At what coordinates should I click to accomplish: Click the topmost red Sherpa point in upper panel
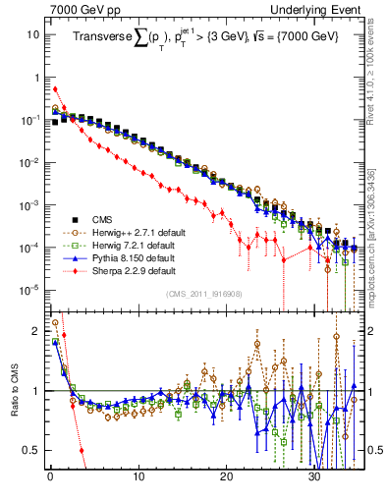55,89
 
